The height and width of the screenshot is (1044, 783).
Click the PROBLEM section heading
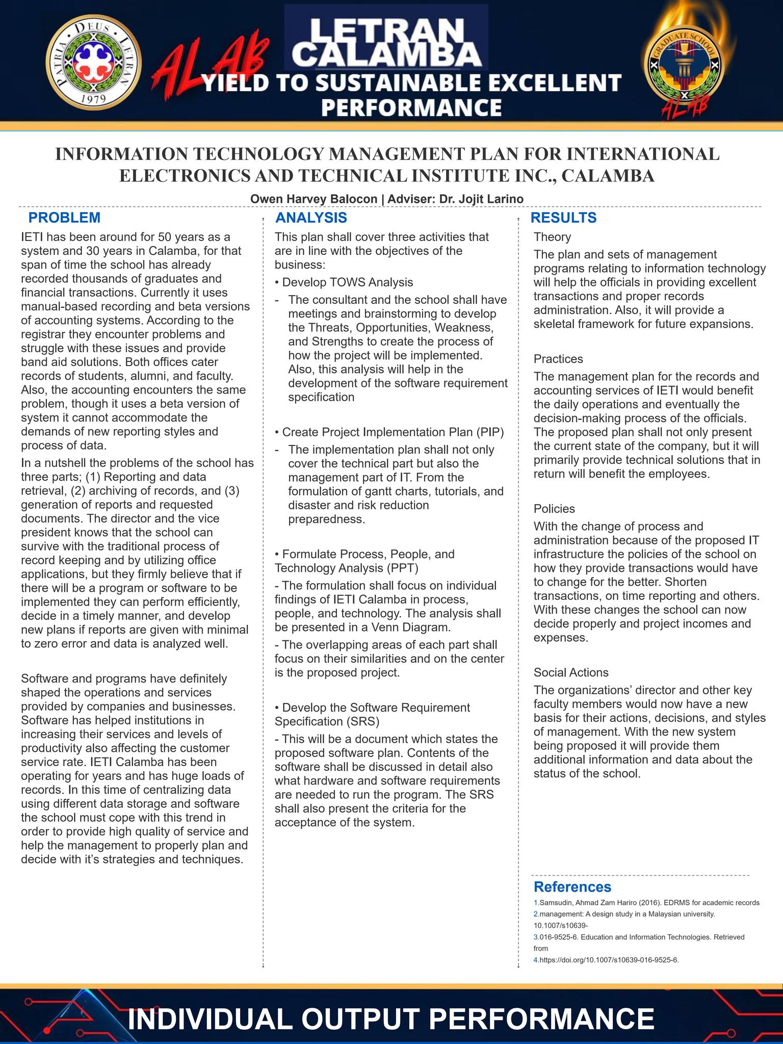coord(64,218)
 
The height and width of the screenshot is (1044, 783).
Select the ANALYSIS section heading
coord(311,218)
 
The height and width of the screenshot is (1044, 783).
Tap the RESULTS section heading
coord(563,218)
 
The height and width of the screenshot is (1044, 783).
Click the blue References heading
coord(572,887)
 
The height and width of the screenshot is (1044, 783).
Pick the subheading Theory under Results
coord(552,237)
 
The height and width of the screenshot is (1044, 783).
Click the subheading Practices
coord(558,359)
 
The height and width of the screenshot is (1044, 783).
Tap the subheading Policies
coord(554,509)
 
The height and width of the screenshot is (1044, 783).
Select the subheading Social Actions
coord(571,672)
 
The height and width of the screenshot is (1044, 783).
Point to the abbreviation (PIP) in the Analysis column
coord(490,432)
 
